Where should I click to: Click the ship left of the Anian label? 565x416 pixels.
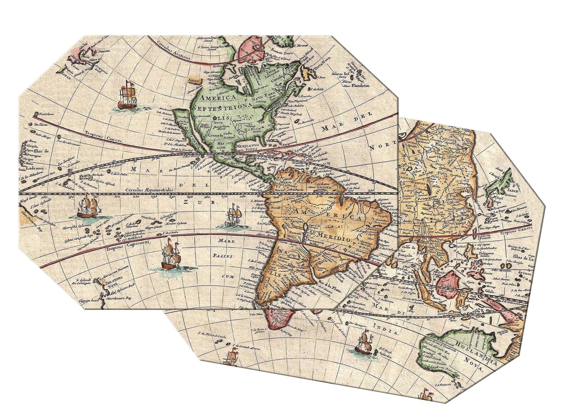click(x=127, y=94)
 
